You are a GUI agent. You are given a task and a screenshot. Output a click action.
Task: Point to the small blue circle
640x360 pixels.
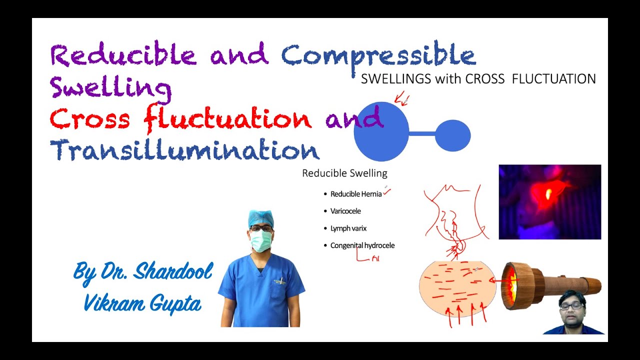(452, 135)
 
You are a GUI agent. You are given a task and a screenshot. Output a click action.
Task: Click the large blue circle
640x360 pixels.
(381, 131)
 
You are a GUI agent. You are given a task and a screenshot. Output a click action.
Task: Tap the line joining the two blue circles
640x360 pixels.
(422, 134)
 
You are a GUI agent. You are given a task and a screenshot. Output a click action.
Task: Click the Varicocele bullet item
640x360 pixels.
(345, 211)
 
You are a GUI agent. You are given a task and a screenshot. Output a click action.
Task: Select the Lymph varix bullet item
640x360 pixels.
(348, 228)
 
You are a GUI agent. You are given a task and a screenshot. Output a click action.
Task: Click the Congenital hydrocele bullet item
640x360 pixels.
(362, 245)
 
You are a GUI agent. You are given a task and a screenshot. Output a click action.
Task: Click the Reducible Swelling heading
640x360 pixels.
(344, 173)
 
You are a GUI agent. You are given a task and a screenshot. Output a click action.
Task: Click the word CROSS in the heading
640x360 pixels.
(485, 79)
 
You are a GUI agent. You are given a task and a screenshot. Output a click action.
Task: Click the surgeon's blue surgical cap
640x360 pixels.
(260, 218)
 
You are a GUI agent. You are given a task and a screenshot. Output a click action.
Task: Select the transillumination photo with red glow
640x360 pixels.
(549, 201)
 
